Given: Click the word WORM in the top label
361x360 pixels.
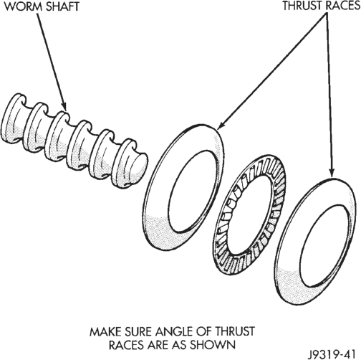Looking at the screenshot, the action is tap(24, 6).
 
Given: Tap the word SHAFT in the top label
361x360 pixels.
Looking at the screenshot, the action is tap(62, 6).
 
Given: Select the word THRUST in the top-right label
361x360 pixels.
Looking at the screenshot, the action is tap(299, 6).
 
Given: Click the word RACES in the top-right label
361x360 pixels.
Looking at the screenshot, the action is tap(340, 6).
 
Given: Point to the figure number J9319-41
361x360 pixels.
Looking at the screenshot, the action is tap(332, 354).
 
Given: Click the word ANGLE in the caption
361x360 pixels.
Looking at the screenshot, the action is tap(174, 331).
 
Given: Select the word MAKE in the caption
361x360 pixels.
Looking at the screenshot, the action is tap(105, 331).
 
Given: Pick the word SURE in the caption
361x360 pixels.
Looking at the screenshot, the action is tap(138, 331).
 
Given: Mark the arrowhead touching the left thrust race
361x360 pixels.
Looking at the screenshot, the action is tap(221, 125).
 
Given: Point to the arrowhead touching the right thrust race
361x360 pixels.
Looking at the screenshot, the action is tap(332, 174).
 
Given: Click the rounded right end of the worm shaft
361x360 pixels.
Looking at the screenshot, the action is tap(138, 166).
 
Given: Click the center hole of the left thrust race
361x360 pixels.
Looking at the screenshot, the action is tap(193, 191).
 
